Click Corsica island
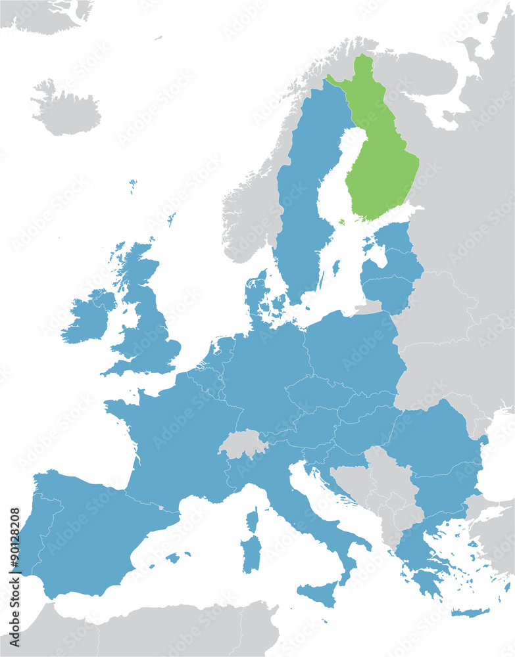pos(252,519)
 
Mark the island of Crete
pos(470,613)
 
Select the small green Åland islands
pos(341,222)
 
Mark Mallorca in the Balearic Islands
pos(173,558)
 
